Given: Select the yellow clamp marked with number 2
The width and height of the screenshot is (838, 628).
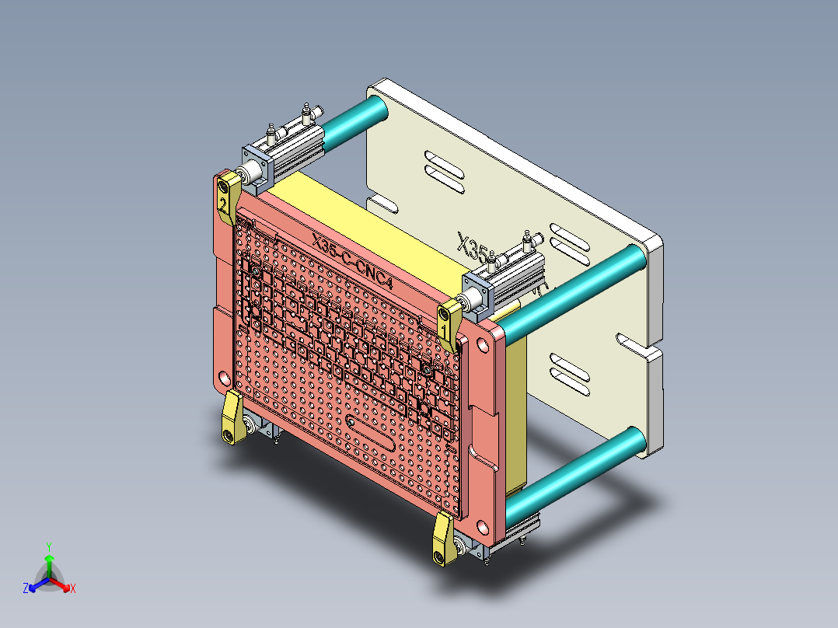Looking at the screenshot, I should pyautogui.click(x=227, y=197).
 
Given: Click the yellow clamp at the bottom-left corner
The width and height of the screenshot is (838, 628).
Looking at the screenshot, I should pyautogui.click(x=232, y=419).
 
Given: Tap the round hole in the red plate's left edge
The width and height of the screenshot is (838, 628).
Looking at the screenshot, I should pyautogui.click(x=225, y=379).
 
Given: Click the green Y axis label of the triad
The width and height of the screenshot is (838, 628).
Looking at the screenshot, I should pyautogui.click(x=48, y=546).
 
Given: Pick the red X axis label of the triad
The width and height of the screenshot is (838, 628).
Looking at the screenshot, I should pyautogui.click(x=73, y=588).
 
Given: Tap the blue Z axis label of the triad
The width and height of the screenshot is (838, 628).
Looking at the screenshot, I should pyautogui.click(x=25, y=588).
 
